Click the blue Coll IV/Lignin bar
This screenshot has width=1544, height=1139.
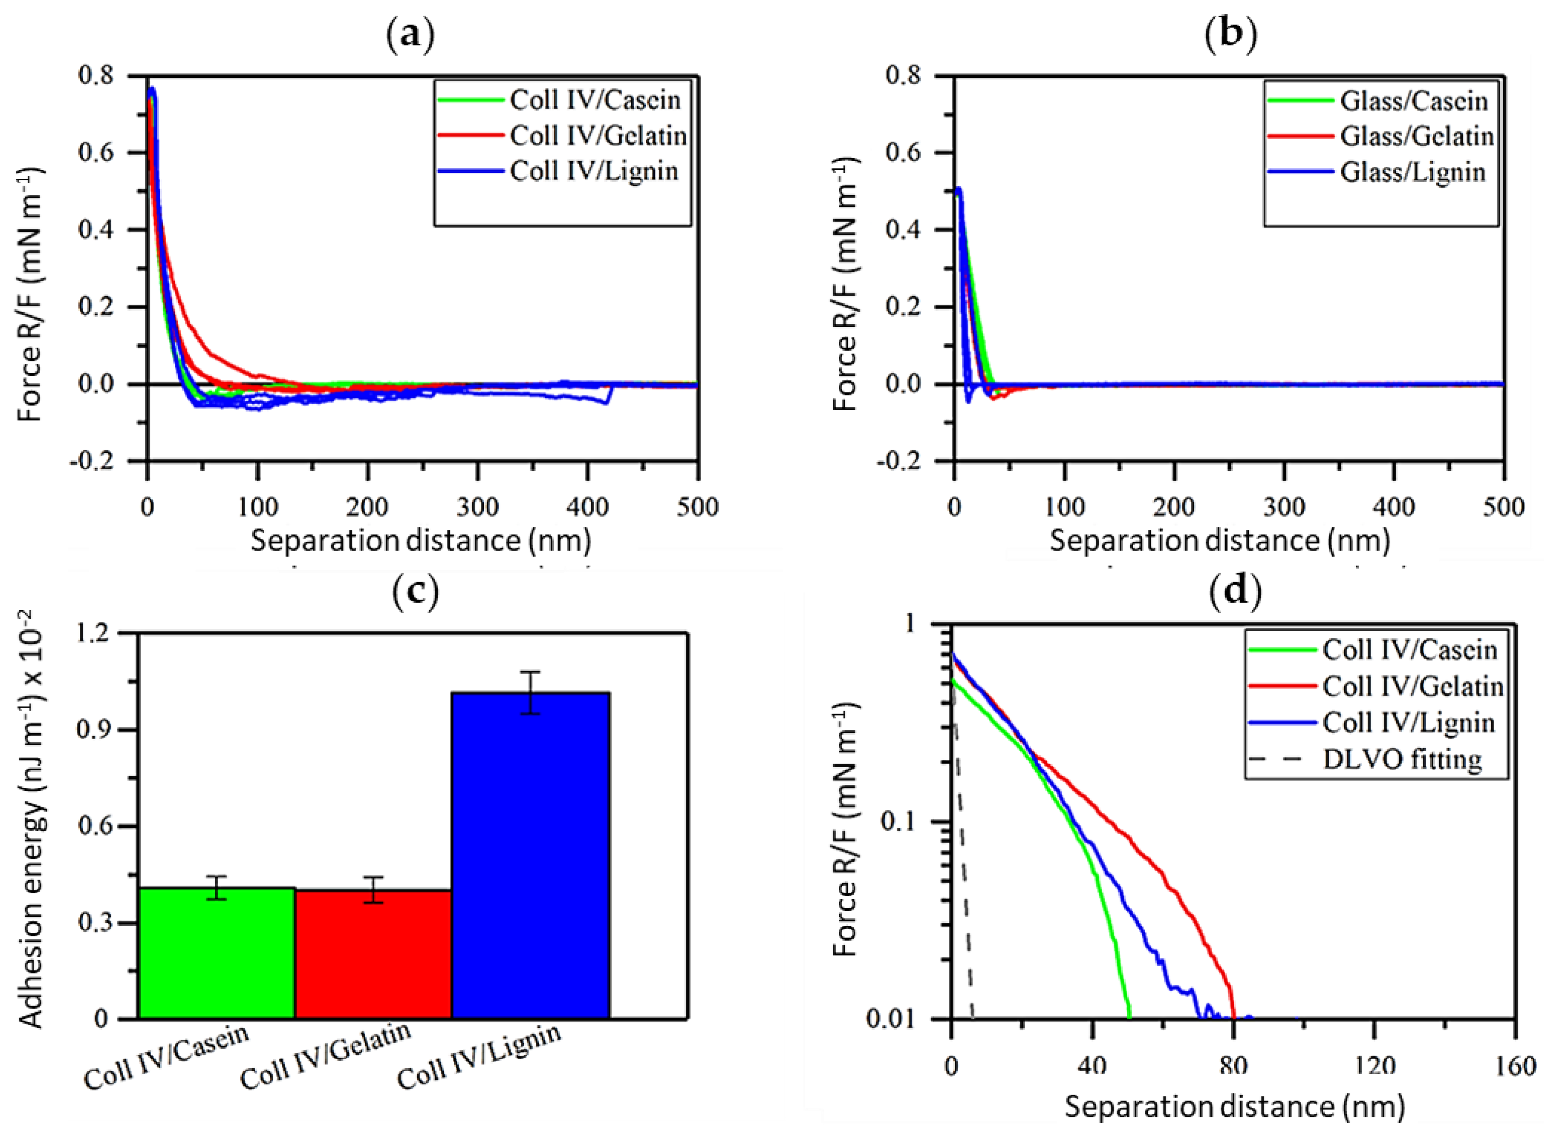click(530, 855)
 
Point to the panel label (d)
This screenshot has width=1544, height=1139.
click(1235, 591)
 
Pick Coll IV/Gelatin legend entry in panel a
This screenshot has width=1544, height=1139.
click(597, 136)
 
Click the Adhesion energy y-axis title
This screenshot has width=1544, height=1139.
click(31, 820)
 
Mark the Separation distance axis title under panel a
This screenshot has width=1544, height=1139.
click(421, 541)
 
